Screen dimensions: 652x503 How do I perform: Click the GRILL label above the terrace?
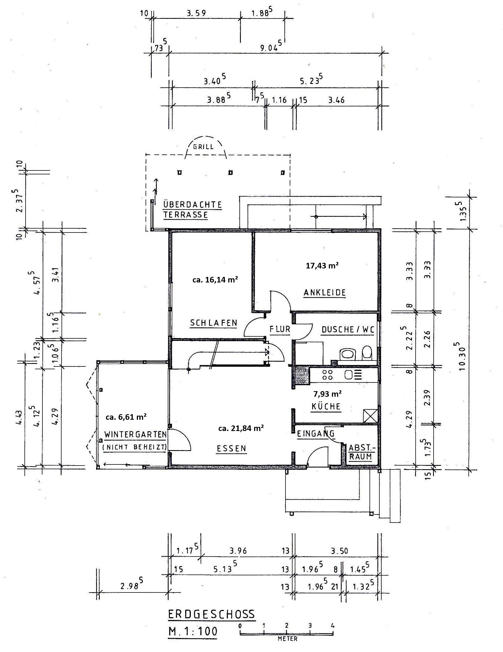pos(203,147)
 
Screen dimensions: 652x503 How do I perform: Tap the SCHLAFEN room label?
pos(214,323)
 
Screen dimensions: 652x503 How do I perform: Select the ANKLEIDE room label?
pos(324,293)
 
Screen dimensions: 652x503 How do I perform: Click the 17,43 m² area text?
pos(322,265)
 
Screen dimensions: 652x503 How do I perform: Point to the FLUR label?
pos(280,329)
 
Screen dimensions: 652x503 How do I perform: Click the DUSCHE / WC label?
pos(348,330)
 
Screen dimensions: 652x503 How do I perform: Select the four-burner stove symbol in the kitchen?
pos(327,375)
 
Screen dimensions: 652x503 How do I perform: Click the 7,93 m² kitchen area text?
pos(327,394)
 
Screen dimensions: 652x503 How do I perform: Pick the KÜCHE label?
pos(326,407)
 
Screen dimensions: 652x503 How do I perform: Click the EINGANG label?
pos(315,434)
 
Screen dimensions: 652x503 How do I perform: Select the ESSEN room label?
pos(231,448)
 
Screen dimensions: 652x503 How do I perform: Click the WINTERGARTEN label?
pos(135,434)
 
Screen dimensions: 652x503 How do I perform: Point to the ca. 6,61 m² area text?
pos(126,417)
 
